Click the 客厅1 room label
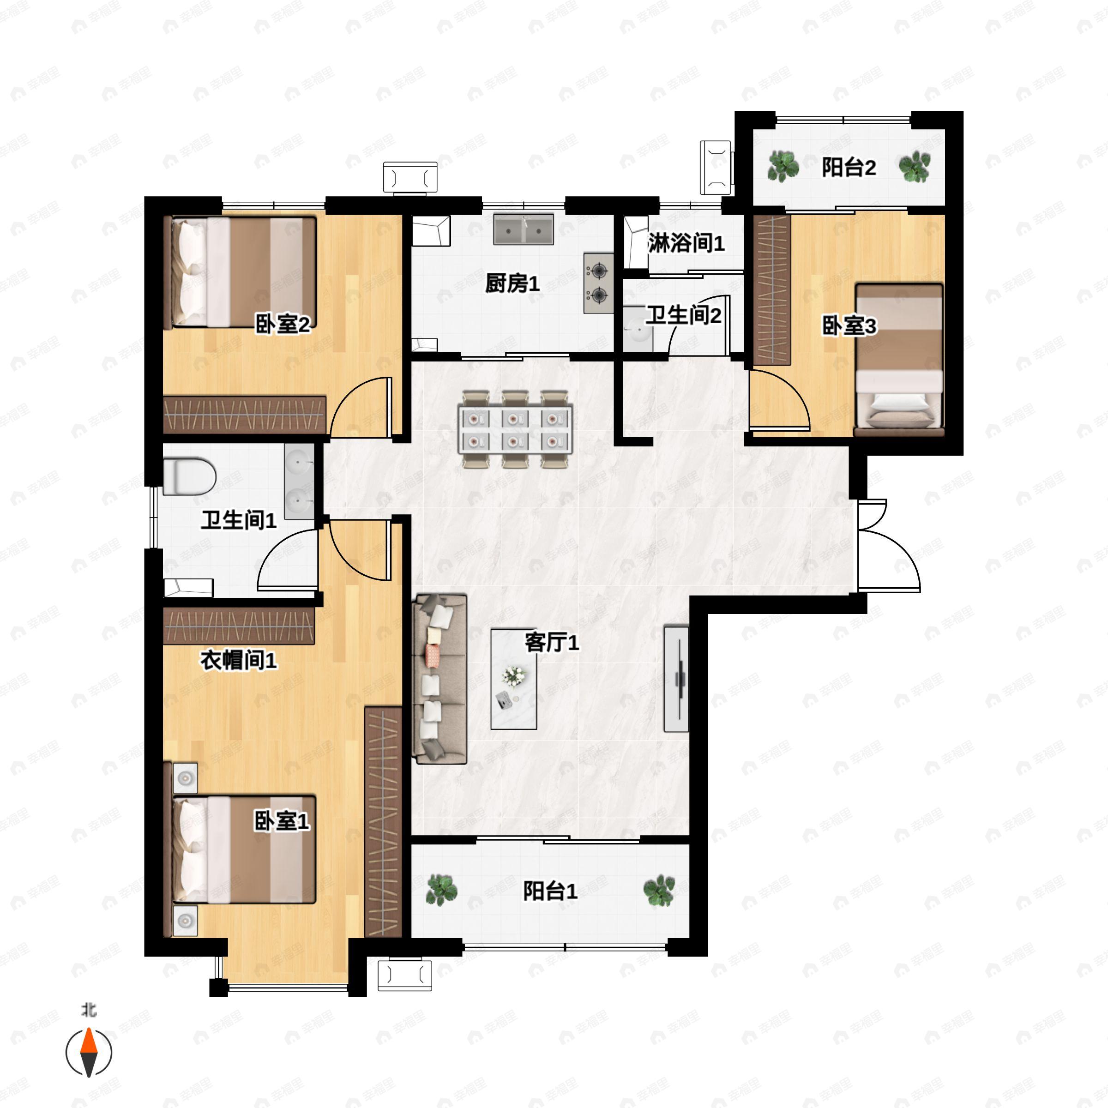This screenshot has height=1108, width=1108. [x=552, y=643]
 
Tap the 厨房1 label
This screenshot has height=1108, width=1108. [x=512, y=283]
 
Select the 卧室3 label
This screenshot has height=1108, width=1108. [x=849, y=326]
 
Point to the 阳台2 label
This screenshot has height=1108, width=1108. [x=849, y=168]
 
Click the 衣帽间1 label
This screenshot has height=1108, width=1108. [x=239, y=660]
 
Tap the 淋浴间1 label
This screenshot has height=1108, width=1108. [x=686, y=243]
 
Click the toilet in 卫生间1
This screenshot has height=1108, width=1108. [x=189, y=476]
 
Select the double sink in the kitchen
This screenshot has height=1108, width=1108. [x=524, y=229]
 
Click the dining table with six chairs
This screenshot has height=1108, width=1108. [x=515, y=429]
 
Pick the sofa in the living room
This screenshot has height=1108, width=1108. [x=440, y=680]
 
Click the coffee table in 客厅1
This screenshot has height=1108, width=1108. [x=514, y=679]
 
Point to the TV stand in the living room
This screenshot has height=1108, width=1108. [x=676, y=679]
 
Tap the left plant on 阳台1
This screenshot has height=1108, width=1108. [x=442, y=890]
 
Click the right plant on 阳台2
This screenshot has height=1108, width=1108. [x=914, y=166]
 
